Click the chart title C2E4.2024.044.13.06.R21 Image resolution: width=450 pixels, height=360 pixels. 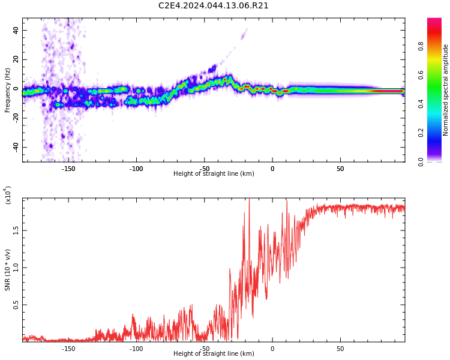click(214, 6)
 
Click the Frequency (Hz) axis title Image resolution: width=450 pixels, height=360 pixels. click(7, 90)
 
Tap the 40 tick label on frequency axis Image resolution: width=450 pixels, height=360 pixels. click(16, 30)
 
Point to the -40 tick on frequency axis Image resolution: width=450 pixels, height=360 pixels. click(16, 148)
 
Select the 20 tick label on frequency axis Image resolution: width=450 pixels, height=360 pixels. click(16, 59)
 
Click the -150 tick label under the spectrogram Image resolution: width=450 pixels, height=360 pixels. click(68, 169)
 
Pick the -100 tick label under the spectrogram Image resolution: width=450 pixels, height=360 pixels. click(136, 169)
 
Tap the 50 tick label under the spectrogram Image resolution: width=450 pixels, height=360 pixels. click(340, 169)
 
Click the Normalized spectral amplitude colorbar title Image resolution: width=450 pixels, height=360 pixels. click(445, 90)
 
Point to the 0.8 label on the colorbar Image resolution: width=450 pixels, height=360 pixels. click(421, 46)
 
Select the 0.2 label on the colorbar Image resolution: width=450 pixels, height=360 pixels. click(421, 133)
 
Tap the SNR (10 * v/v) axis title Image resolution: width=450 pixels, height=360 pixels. click(7, 270)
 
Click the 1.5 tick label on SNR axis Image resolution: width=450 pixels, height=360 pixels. click(16, 230)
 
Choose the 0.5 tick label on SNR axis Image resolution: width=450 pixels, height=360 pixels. click(16, 305)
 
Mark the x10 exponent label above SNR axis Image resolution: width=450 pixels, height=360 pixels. click(8, 195)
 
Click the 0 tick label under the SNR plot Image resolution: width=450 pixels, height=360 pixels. click(272, 349)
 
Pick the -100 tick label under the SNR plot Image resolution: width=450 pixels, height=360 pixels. click(136, 349)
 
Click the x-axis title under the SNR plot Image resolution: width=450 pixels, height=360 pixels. click(214, 353)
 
